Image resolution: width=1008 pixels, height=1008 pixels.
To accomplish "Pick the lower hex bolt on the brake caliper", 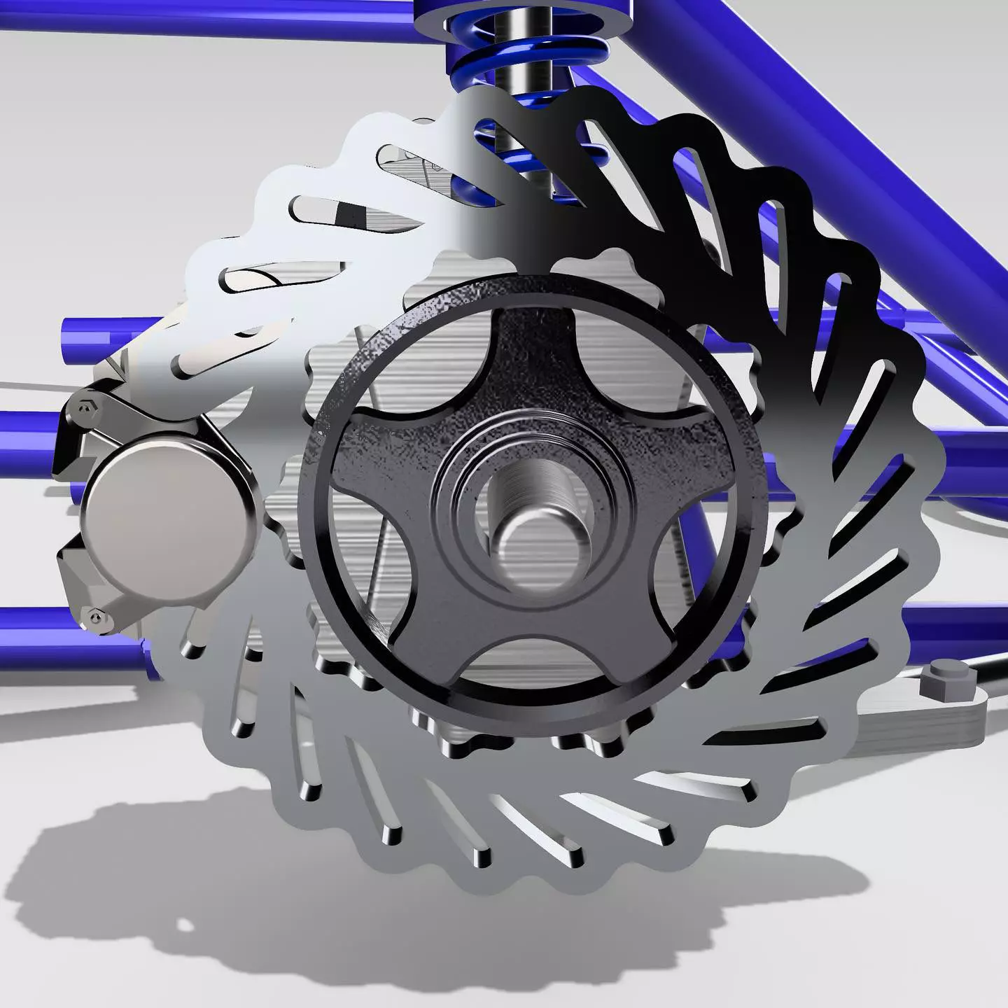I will click(95, 617).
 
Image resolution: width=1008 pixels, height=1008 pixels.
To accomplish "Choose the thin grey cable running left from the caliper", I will click(28, 385).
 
